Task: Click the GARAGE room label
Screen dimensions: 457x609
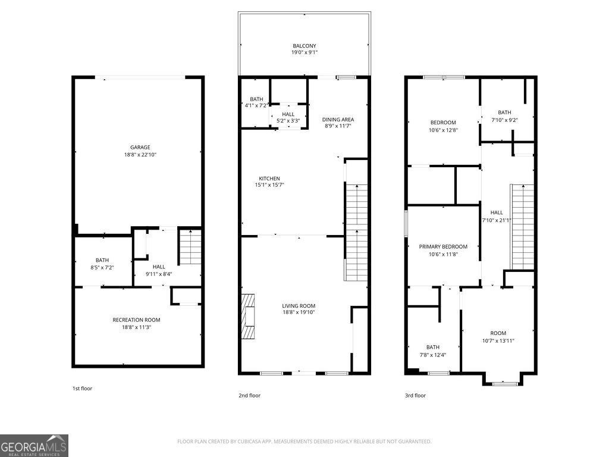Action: coord(140,148)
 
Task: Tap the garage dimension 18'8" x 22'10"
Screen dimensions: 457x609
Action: coord(140,155)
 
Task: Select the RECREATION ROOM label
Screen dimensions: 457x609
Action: coord(136,320)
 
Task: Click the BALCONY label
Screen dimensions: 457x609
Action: coord(304,46)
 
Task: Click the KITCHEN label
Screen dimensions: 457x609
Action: coord(269,179)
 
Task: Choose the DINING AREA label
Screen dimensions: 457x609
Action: coord(339,119)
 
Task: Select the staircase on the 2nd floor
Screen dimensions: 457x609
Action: coord(357,232)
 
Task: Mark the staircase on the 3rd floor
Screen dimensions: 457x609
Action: coord(522,226)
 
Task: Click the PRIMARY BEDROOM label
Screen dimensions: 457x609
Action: coord(443,246)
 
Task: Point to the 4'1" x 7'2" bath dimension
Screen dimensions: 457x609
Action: coord(256,106)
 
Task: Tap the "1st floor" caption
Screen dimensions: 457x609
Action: coord(82,389)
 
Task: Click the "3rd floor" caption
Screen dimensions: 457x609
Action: coord(415,395)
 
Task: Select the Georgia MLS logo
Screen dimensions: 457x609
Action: coord(34,445)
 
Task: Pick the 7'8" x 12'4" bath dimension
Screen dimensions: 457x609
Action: coord(432,355)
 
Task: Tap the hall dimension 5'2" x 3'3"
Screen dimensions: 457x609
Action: coord(288,121)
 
